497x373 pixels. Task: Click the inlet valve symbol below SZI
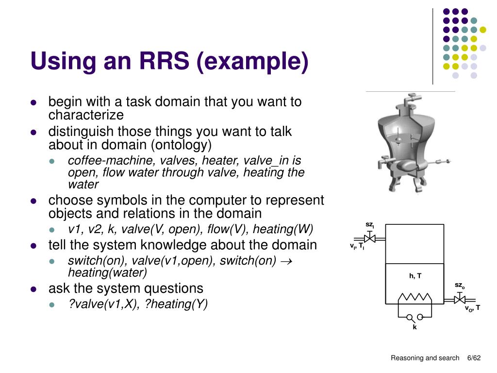point(369,238)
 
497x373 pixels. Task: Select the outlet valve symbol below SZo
point(459,300)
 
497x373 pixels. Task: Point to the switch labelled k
point(414,318)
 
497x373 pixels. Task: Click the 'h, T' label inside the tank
point(415,276)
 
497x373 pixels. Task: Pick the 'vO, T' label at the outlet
point(472,308)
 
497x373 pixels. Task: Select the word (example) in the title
point(252,62)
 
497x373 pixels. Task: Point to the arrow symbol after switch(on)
point(286,261)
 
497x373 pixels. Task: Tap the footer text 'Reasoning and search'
point(425,358)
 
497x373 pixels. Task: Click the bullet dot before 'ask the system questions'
point(33,288)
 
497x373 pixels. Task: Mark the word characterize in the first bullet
point(86,115)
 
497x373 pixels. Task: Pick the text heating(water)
point(107,272)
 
